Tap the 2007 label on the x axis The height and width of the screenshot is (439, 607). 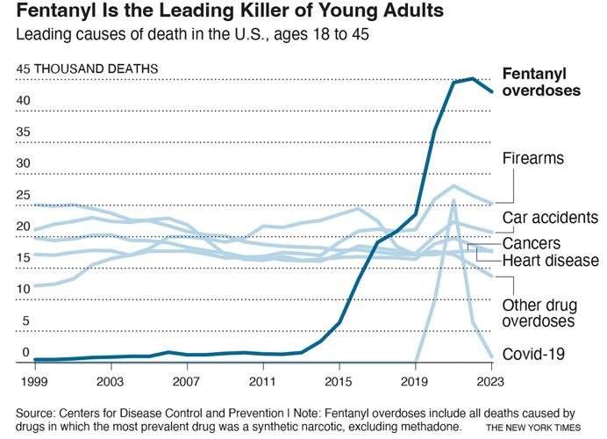point(185,382)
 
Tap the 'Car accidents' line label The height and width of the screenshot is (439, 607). point(550,217)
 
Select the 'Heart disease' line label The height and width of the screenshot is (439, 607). point(550,261)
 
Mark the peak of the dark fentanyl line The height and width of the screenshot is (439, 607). point(473,79)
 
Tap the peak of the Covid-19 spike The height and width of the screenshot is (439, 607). point(453,200)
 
